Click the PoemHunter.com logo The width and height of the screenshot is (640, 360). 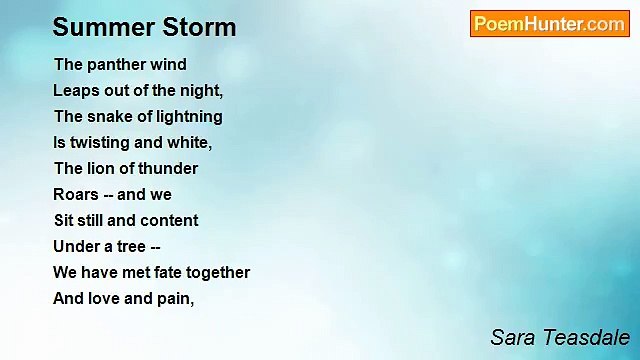point(549,24)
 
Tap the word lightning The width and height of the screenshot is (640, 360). point(190,117)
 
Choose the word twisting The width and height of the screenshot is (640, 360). point(100,143)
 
